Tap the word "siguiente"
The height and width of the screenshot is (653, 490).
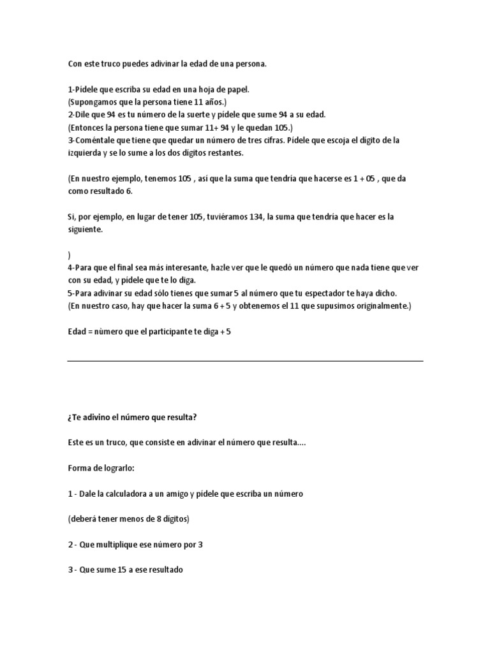click(86, 230)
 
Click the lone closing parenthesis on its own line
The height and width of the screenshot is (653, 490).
click(69, 255)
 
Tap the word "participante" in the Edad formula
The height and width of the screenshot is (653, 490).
click(169, 332)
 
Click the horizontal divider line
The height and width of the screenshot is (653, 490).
click(245, 361)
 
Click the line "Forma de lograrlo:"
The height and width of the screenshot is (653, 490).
click(102, 468)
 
